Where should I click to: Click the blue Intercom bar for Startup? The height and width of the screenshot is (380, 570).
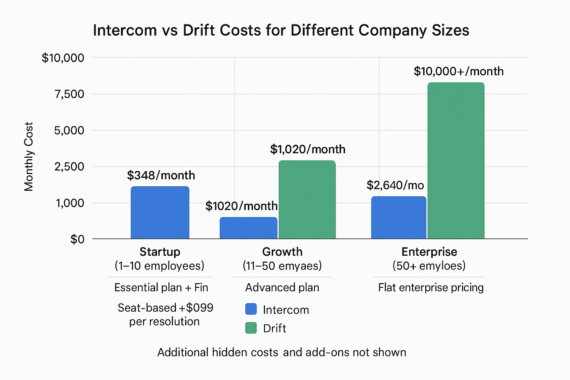160,213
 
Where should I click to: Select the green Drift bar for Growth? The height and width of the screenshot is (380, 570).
307,200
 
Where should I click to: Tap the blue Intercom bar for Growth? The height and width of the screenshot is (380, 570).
248,228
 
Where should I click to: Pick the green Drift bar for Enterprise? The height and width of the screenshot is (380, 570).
456,161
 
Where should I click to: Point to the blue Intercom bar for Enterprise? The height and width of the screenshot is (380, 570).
399,217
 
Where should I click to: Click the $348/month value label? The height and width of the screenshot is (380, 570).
161,175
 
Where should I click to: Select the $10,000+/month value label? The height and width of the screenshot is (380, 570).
458,71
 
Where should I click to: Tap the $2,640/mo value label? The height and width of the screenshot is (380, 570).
395,185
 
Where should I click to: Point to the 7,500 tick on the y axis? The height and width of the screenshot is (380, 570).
69,94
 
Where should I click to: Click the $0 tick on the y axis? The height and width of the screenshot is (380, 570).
77,240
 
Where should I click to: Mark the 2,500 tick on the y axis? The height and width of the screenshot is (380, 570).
69,167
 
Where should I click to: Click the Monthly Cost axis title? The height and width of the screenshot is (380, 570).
29,157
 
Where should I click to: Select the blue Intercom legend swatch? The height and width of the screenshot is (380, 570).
251,309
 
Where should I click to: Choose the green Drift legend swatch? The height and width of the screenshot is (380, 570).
251,328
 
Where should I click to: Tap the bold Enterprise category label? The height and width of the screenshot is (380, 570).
429,252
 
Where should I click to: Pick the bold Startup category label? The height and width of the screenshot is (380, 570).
160,252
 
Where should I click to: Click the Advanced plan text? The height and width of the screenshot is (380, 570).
282,288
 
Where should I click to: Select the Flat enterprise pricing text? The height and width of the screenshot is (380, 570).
431,288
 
